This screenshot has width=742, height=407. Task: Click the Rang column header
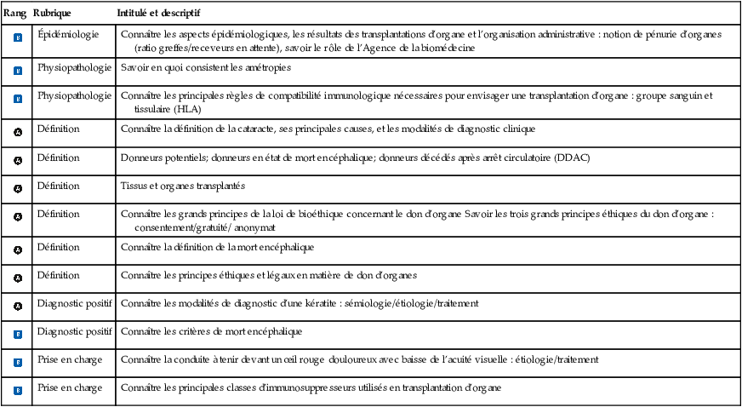[15, 14]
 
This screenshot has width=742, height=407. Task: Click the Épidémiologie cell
[68, 34]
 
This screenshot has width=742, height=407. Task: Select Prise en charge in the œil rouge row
[70, 359]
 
